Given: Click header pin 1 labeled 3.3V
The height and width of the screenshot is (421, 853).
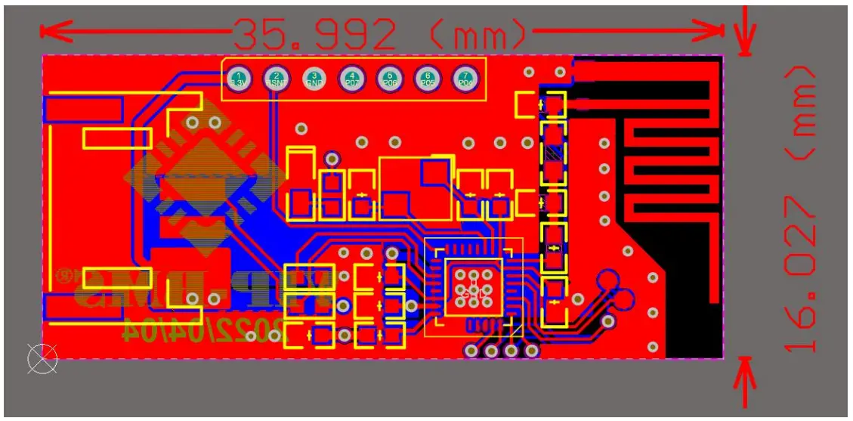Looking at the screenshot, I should tap(239, 77).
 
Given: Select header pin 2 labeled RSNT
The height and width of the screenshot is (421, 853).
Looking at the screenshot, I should tap(277, 77).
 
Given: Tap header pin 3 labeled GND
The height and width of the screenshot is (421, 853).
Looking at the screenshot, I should tap(314, 77).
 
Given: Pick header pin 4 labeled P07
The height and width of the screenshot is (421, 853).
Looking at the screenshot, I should tap(352, 77).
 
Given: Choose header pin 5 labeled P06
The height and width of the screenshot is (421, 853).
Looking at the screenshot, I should tap(390, 77).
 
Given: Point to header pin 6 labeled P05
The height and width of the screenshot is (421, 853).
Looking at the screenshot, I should tap(428, 77).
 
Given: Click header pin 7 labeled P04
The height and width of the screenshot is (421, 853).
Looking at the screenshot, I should tap(465, 77).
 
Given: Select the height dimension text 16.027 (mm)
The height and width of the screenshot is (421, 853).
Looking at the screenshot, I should tap(799, 208).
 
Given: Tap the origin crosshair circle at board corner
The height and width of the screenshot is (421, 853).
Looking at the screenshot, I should tap(42, 358).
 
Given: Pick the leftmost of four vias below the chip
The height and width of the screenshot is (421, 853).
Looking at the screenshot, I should tap(472, 351).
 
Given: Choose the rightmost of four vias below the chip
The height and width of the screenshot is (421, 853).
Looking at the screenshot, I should tap(530, 351).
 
